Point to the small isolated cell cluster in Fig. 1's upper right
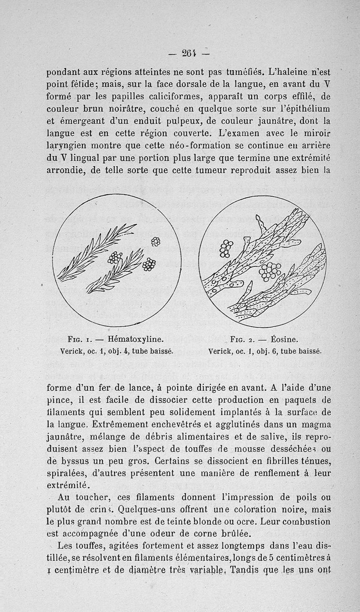point(156,242)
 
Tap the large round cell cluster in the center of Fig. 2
point(270,271)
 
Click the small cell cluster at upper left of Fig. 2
point(226,248)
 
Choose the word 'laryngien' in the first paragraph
point(66,146)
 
